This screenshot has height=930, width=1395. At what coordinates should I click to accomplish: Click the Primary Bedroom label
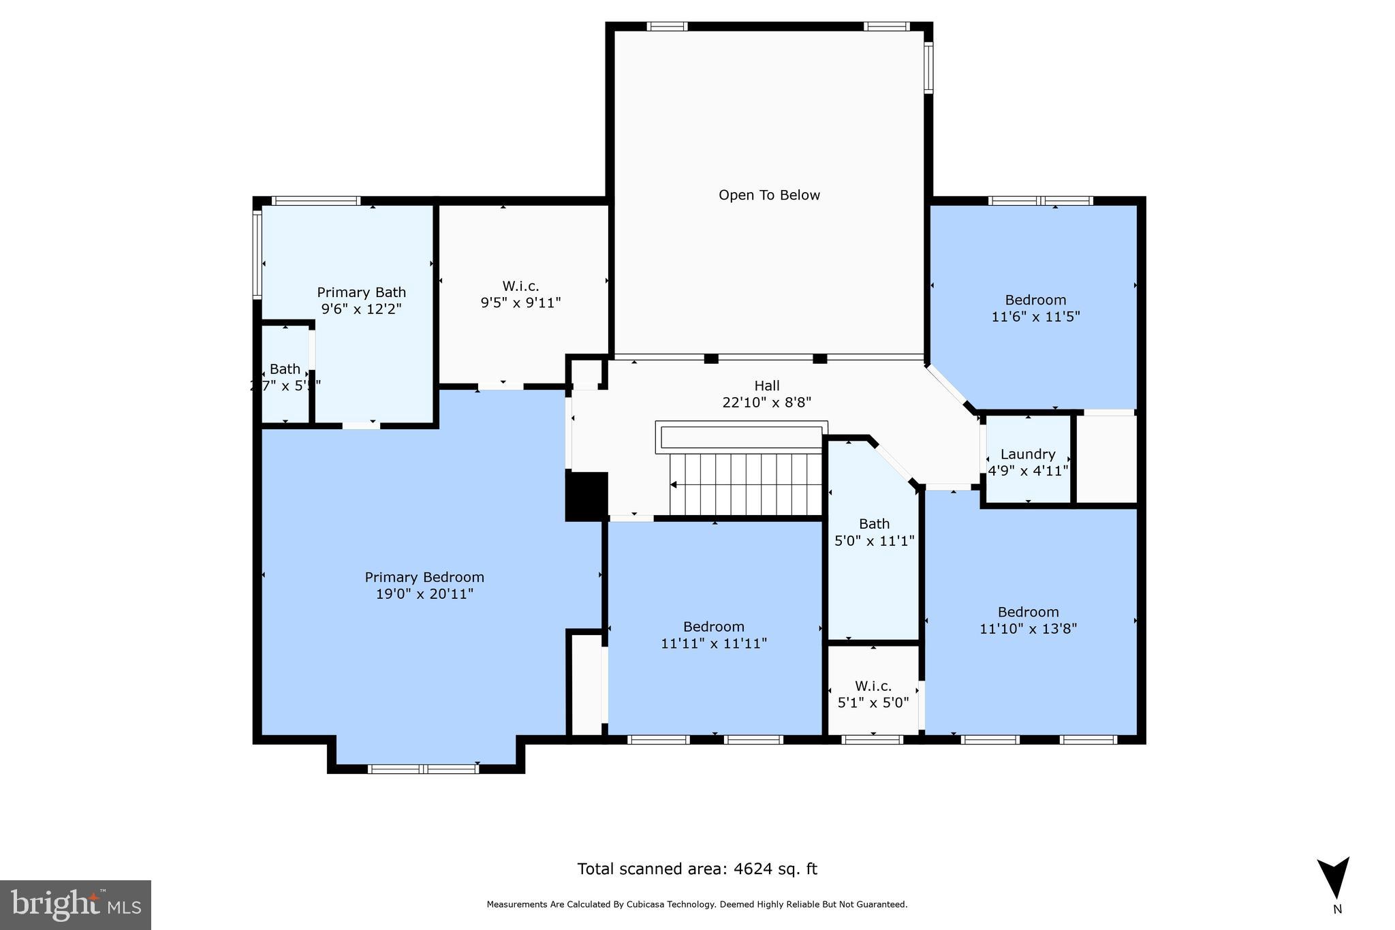pyautogui.click(x=424, y=578)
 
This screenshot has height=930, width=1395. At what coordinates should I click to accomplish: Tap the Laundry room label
pyautogui.click(x=1028, y=454)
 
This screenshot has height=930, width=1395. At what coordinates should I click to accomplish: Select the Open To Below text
pyautogui.click(x=769, y=196)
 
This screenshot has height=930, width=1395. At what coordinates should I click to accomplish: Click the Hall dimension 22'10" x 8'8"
pyautogui.click(x=766, y=403)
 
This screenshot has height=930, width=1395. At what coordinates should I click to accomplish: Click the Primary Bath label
pyautogui.click(x=361, y=292)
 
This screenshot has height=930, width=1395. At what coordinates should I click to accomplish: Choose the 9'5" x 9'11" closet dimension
pyautogui.click(x=520, y=303)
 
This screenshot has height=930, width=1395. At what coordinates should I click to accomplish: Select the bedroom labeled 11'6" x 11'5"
pyautogui.click(x=1035, y=308)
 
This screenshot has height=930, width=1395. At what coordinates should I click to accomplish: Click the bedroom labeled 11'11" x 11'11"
pyautogui.click(x=714, y=634)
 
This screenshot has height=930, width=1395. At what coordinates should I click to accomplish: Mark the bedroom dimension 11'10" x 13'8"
pyautogui.click(x=1028, y=629)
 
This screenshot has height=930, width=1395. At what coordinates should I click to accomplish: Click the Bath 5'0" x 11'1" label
pyautogui.click(x=874, y=532)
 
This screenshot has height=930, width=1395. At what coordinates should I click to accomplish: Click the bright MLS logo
pyautogui.click(x=76, y=905)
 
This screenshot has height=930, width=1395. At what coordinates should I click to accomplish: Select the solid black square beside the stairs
pyautogui.click(x=586, y=496)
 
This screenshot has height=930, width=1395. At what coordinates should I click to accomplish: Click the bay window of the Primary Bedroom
pyautogui.click(x=424, y=769)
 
